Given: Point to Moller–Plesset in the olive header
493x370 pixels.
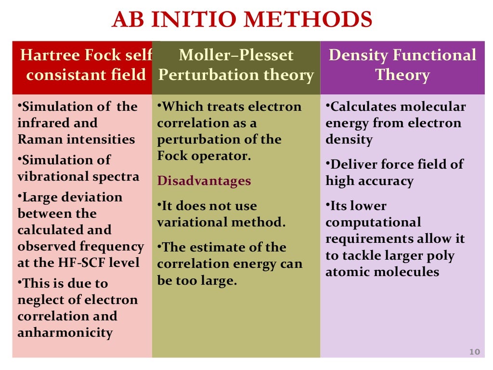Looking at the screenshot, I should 236,55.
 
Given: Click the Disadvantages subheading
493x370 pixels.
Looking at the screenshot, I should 204,181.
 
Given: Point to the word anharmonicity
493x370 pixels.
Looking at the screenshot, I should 65,332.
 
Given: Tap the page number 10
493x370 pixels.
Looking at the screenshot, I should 475,352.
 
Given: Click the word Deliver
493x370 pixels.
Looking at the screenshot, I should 352,164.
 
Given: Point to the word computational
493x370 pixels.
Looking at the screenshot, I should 373,223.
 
